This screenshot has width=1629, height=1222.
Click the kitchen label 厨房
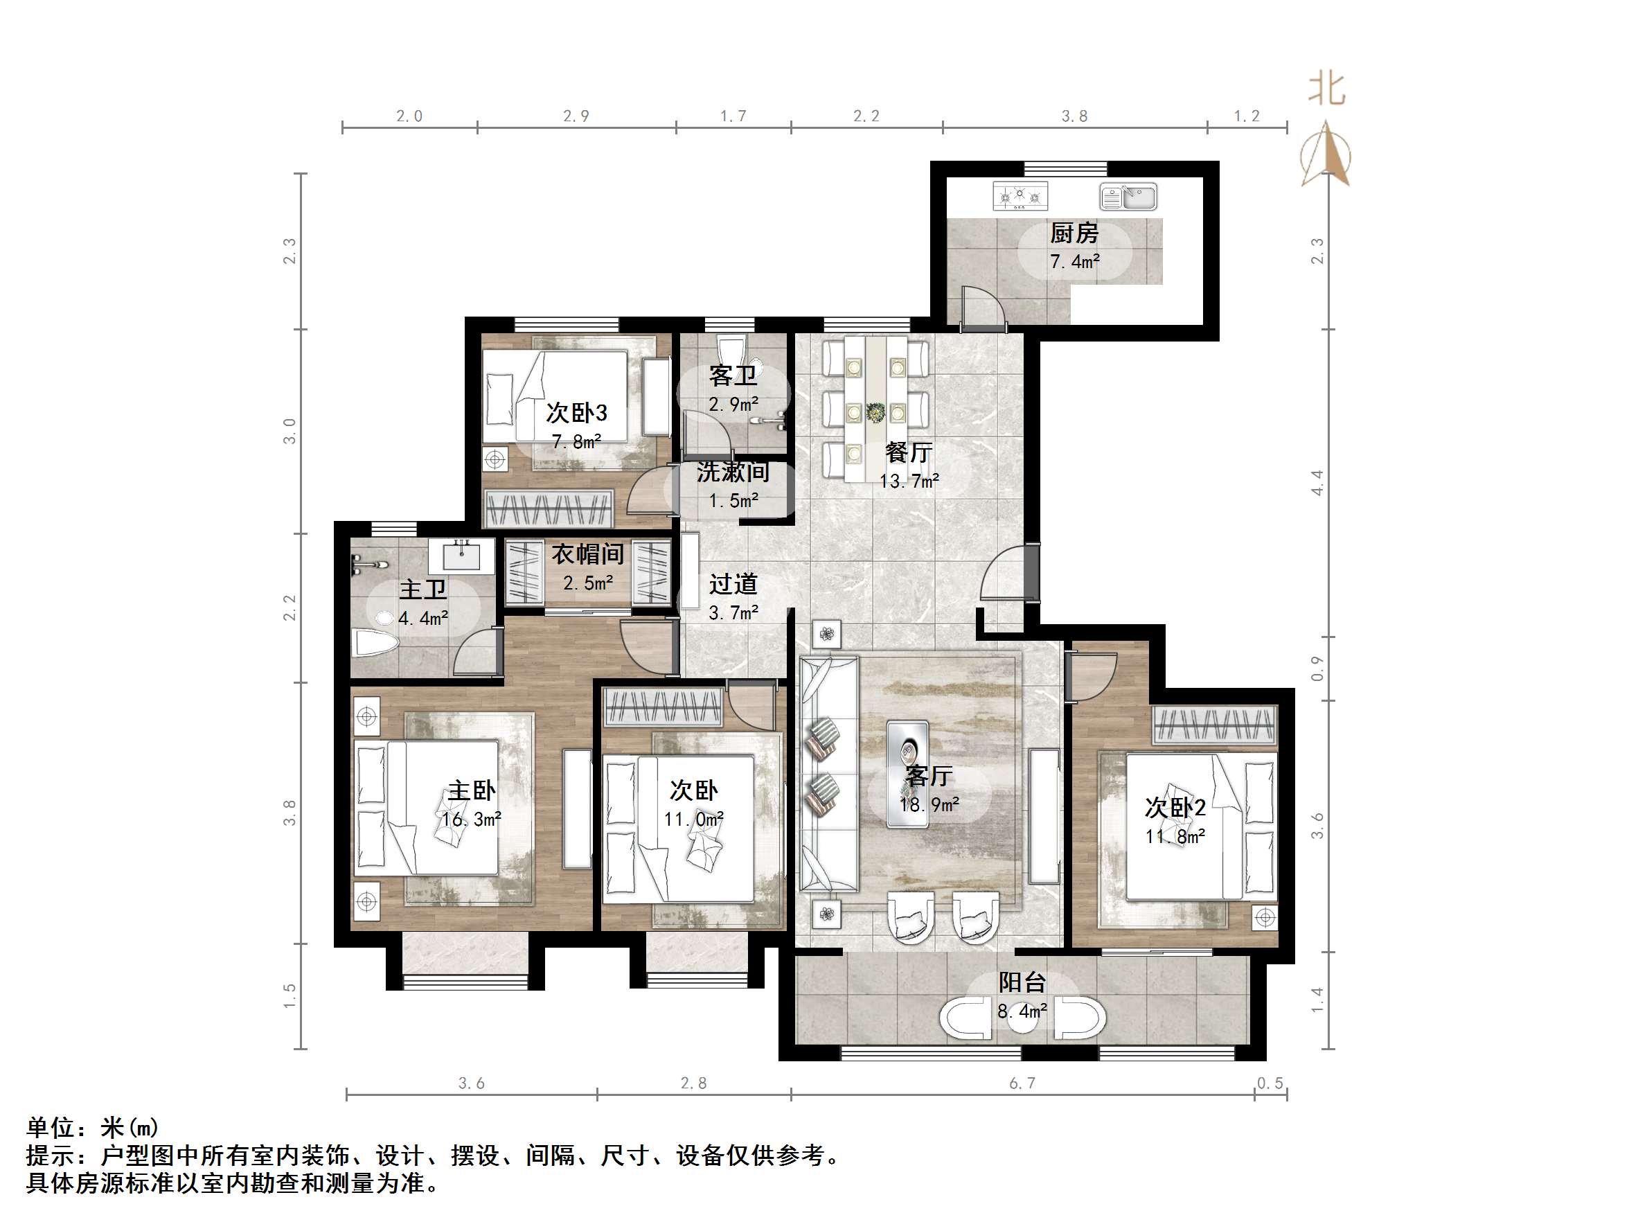coord(1074,233)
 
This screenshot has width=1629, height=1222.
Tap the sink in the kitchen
coord(1128,197)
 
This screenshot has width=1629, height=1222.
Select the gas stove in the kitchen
coord(1020,197)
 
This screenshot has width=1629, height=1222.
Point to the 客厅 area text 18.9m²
coord(929,805)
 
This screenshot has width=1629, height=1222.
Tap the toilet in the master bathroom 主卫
coord(376,643)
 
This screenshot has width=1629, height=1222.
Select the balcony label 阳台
coord(1022,982)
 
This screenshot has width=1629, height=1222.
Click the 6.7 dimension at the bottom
coord(1022,1083)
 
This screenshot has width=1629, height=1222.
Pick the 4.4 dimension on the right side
coord(1317,482)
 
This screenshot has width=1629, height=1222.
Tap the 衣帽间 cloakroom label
coord(588,554)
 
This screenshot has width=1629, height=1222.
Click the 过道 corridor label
coord(733,584)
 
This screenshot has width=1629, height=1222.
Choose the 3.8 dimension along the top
coord(1074,116)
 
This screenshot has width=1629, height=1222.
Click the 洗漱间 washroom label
coord(733,472)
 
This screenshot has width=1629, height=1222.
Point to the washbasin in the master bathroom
coord(463,555)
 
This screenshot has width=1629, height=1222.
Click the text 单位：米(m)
coord(93,1127)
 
